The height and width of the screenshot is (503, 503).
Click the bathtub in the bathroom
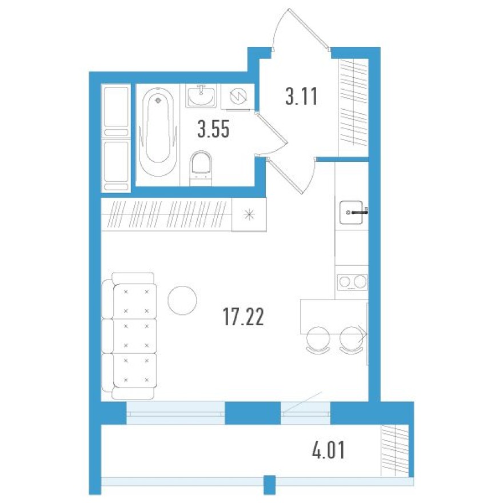click(158, 135)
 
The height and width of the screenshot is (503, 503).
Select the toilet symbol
click(201, 166)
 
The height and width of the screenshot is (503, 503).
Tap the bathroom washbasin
click(201, 95)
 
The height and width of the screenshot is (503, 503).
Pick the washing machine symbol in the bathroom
click(236, 96)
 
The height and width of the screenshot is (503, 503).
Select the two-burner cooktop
click(352, 281)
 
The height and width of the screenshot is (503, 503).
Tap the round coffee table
click(182, 300)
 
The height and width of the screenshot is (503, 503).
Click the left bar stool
click(317, 339)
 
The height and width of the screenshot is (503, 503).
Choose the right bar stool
click(350, 339)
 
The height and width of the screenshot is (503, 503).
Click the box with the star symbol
click(249, 215)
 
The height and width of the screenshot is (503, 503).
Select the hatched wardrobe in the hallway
click(353, 106)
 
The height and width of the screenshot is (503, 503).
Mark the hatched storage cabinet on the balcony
click(395, 450)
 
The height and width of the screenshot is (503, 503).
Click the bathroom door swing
click(272, 135)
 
